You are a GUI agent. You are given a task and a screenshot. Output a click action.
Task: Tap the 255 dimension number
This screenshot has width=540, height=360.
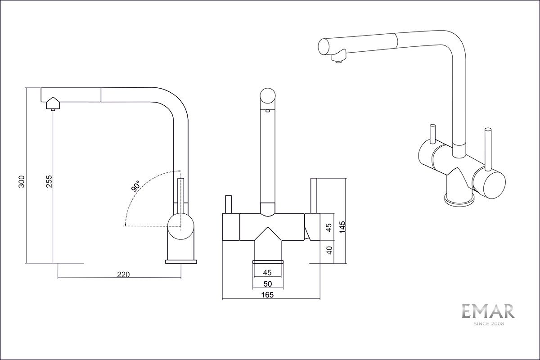click(50, 181)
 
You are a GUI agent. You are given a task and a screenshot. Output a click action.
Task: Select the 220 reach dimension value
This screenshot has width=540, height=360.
click(122, 274)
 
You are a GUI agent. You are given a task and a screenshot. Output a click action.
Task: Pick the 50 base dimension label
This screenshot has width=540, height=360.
click(267, 284)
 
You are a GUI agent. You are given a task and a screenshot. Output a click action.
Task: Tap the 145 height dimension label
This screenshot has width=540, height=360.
click(342, 226)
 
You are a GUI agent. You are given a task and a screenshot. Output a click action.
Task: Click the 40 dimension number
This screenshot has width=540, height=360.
click(329, 250)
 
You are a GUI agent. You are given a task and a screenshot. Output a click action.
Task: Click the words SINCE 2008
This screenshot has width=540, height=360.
click(488, 324)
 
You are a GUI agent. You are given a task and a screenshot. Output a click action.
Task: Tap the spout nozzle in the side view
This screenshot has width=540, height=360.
click(53, 104)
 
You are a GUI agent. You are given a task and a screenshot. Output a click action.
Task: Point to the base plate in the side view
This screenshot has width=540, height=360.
click(181, 261)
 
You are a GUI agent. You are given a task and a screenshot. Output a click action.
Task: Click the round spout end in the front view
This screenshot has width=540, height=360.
click(267, 97)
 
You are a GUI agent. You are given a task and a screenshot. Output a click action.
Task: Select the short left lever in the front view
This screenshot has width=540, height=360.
click(229, 205)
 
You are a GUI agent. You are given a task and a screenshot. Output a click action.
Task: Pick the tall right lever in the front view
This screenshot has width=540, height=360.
click(314, 196)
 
